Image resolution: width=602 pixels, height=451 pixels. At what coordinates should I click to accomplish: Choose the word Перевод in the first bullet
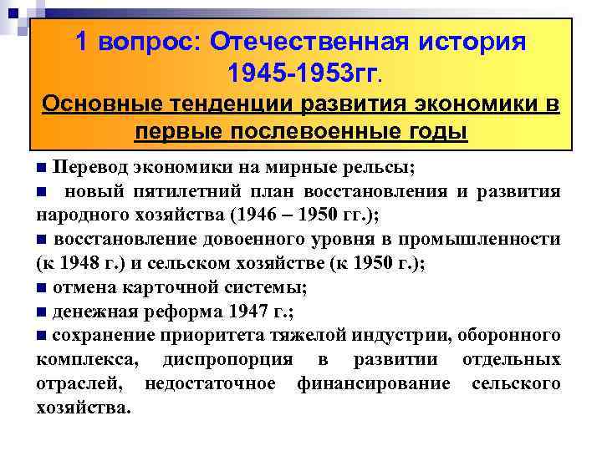(93, 166)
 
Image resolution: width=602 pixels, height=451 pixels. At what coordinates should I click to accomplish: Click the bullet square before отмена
(42, 289)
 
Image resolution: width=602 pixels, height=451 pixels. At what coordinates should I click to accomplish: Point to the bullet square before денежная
(42, 313)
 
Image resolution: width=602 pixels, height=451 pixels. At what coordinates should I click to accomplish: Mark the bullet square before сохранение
(42, 337)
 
